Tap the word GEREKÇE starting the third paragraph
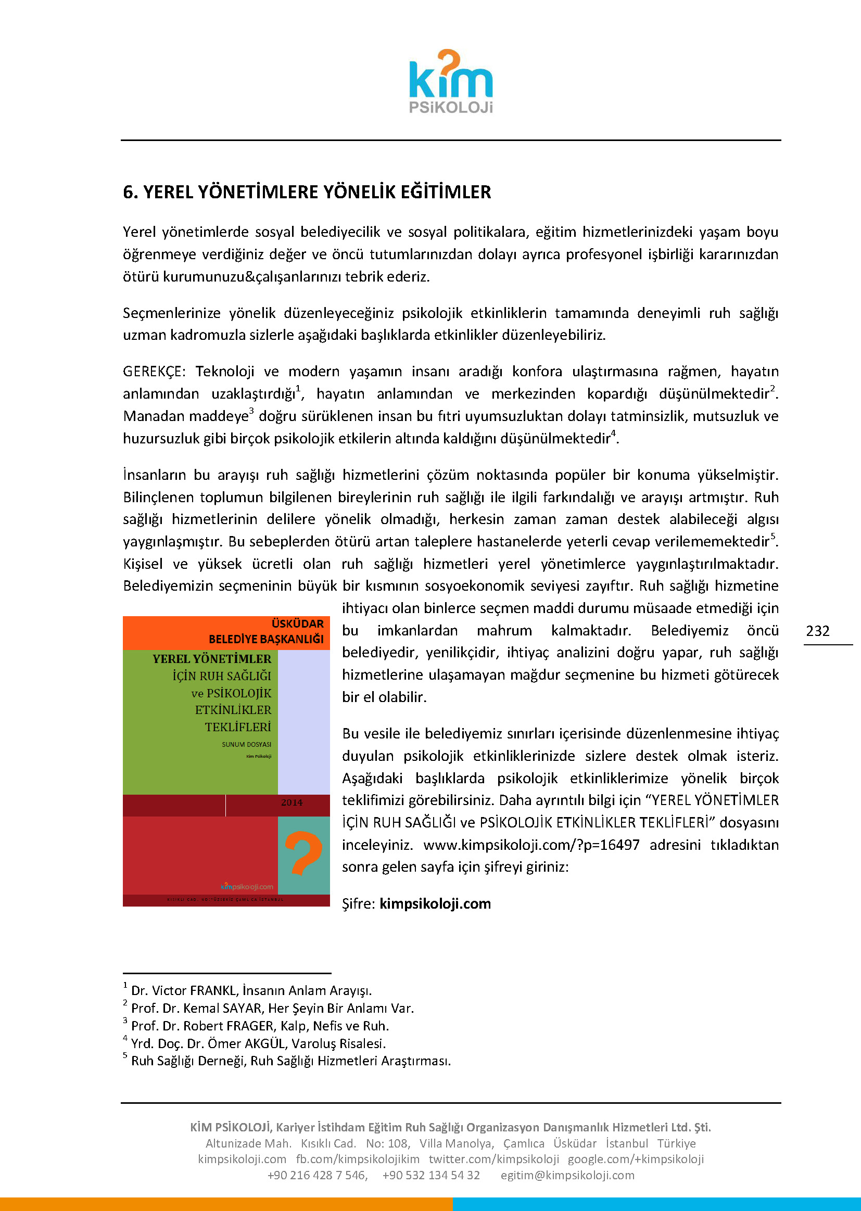(x=153, y=372)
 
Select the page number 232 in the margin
(x=817, y=631)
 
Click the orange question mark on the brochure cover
(x=303, y=853)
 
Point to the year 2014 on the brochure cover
(x=292, y=802)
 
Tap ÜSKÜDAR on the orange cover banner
(x=297, y=624)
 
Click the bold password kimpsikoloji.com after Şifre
(x=435, y=903)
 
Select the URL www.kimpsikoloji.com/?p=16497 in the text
(x=531, y=845)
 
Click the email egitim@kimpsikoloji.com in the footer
(x=567, y=1175)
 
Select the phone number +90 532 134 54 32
(x=431, y=1175)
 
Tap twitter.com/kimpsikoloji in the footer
(x=493, y=1159)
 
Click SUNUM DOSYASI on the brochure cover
(x=247, y=745)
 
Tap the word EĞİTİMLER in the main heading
(x=446, y=193)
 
